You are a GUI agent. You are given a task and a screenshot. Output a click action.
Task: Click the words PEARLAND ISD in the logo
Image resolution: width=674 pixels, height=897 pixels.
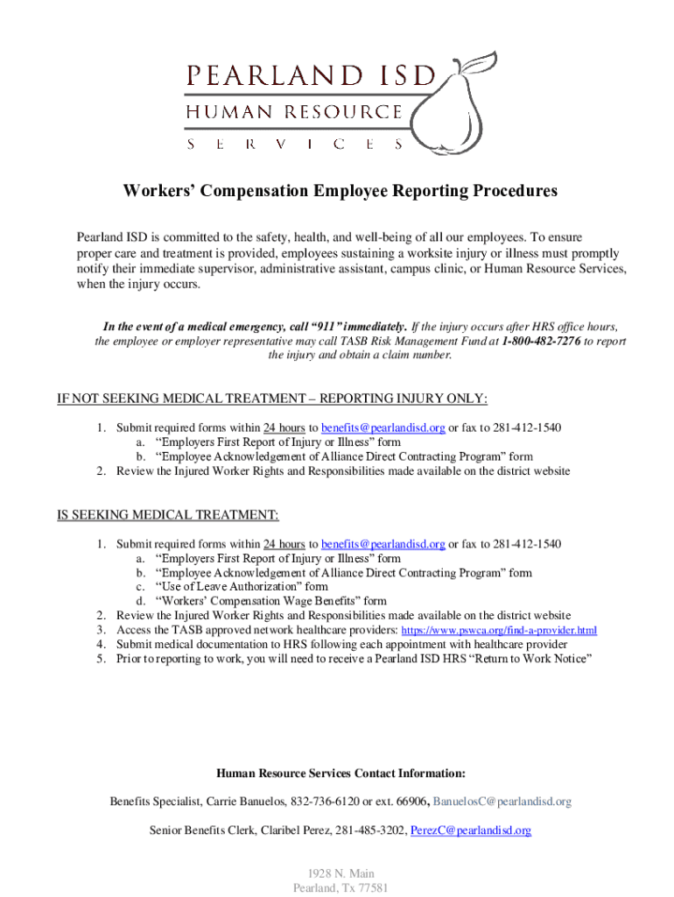pos(310,76)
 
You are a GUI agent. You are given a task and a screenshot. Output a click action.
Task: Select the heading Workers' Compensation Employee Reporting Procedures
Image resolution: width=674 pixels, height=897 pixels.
pos(340,191)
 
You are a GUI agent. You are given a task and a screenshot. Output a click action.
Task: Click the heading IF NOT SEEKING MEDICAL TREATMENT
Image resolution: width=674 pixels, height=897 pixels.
pos(271,399)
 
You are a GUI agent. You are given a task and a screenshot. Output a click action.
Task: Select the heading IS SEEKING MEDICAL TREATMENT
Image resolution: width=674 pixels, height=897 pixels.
pos(168,514)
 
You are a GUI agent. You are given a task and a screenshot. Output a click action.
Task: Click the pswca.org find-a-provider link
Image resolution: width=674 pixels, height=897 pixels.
pos(498,631)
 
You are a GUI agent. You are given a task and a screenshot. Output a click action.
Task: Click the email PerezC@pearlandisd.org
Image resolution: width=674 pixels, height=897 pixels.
pos(471,830)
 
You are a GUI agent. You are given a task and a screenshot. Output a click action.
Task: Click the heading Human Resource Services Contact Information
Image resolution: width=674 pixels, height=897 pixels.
pos(340,773)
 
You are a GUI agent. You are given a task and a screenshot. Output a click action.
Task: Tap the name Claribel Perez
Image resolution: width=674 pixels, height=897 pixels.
pos(297,830)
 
